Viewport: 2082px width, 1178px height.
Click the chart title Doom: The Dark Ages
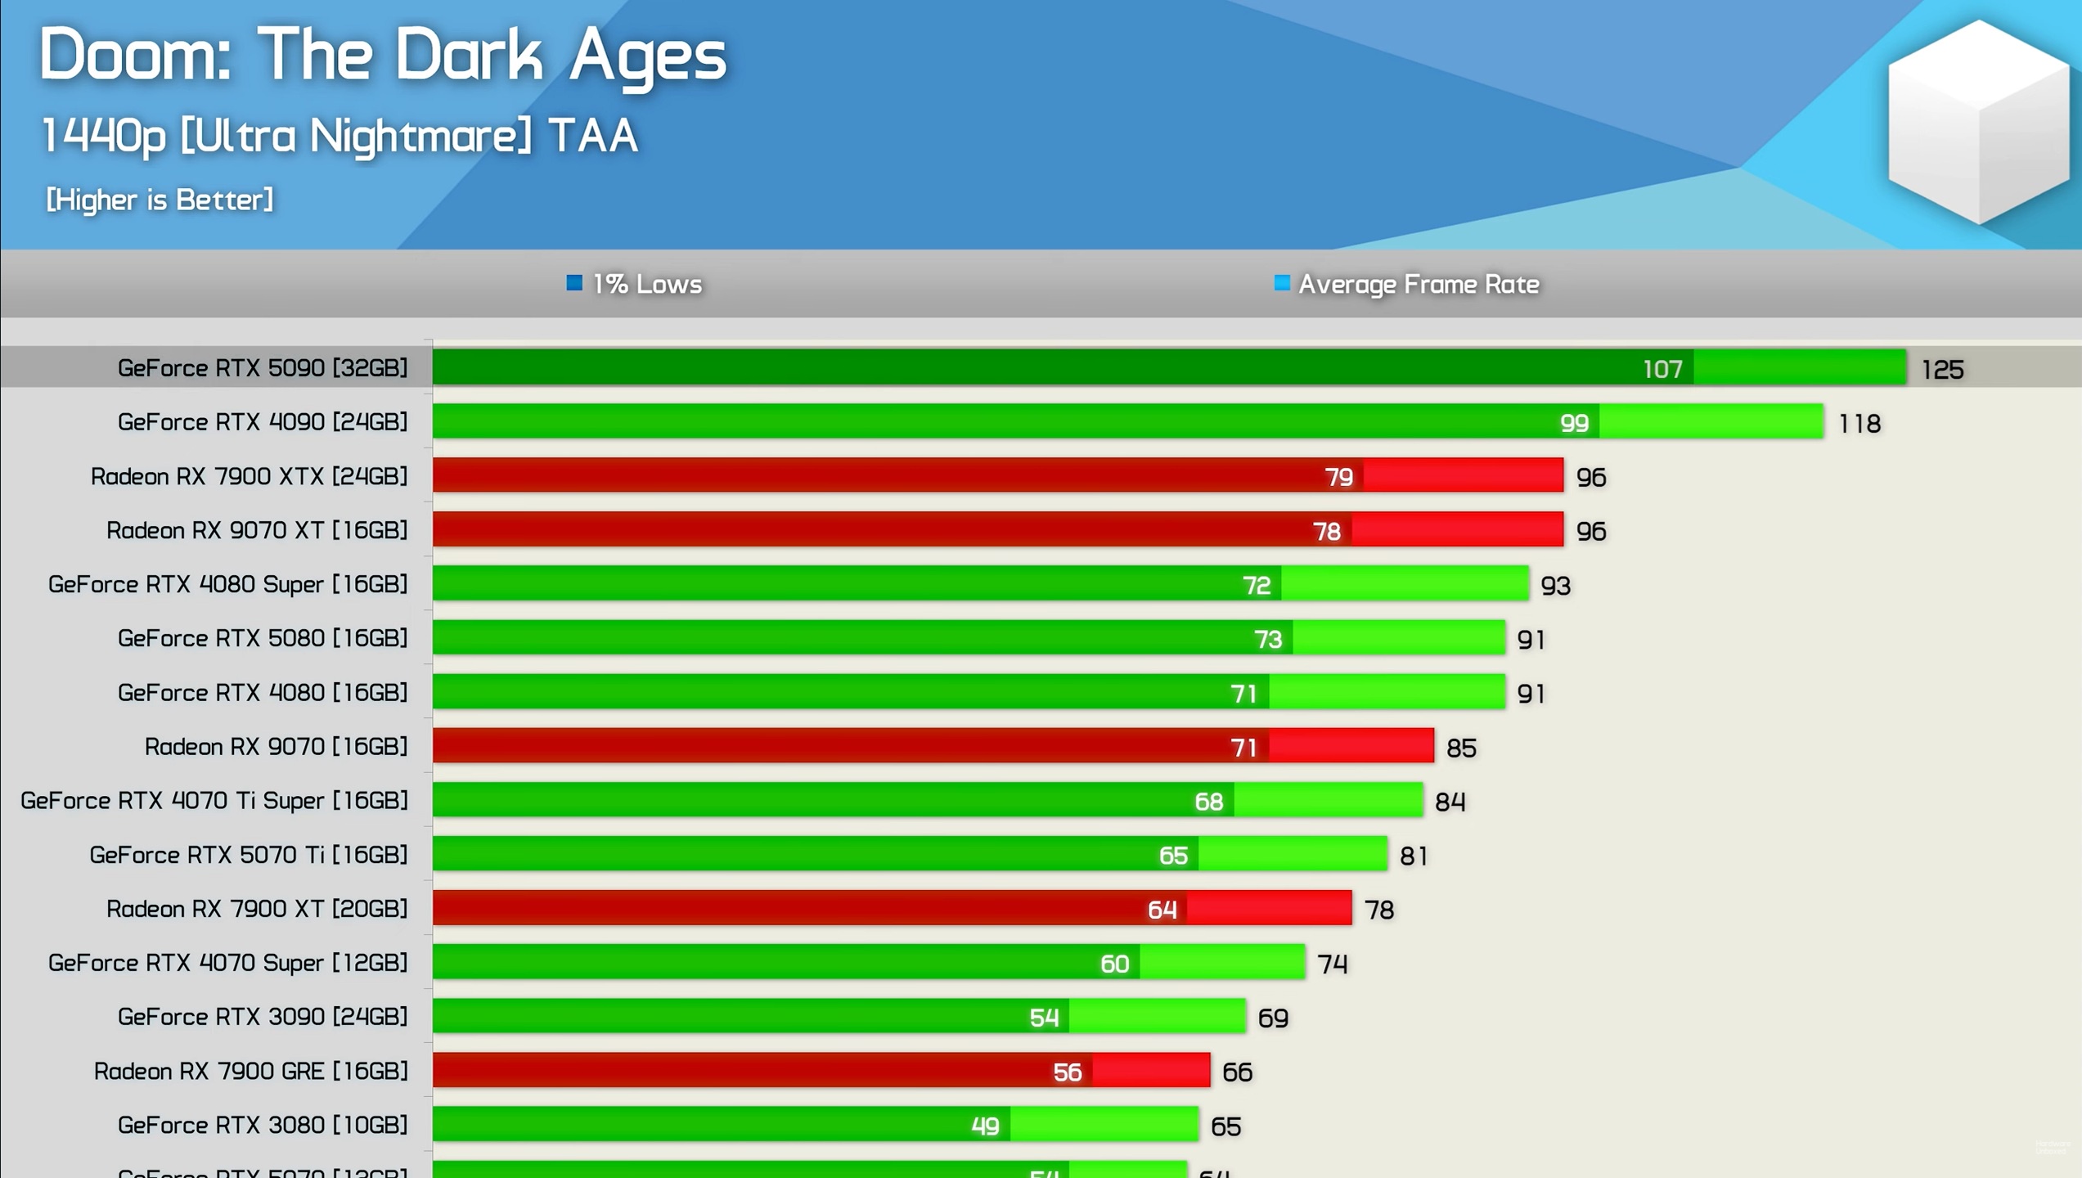tap(383, 56)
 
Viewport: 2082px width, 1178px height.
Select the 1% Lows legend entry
tap(635, 284)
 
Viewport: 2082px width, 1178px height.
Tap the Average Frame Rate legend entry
tap(1407, 284)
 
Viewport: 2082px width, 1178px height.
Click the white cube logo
tap(1978, 123)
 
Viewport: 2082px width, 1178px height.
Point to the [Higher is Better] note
tap(160, 200)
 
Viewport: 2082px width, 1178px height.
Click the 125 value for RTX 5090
tap(1942, 370)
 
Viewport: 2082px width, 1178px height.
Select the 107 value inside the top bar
tap(1662, 369)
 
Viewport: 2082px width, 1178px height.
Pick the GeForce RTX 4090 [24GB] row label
tap(263, 422)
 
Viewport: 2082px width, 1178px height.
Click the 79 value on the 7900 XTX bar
tap(1338, 477)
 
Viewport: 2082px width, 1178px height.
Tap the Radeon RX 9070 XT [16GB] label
tap(257, 531)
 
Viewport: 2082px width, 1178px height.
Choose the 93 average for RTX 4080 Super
tap(1555, 586)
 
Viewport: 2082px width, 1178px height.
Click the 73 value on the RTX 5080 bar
tap(1268, 639)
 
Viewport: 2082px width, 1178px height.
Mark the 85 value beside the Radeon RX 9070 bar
tap(1461, 748)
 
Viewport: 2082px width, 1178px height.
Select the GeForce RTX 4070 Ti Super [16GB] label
tap(214, 801)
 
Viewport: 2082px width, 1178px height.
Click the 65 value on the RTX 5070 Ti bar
tap(1173, 856)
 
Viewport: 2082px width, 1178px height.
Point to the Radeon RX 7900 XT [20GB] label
tap(257, 909)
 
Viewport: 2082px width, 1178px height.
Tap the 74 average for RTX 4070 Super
tap(1332, 964)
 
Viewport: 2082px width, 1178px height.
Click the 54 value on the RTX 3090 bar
tap(1044, 1018)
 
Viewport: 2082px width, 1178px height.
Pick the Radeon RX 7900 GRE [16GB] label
tap(250, 1072)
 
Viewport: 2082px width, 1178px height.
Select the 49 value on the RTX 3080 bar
tap(985, 1126)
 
